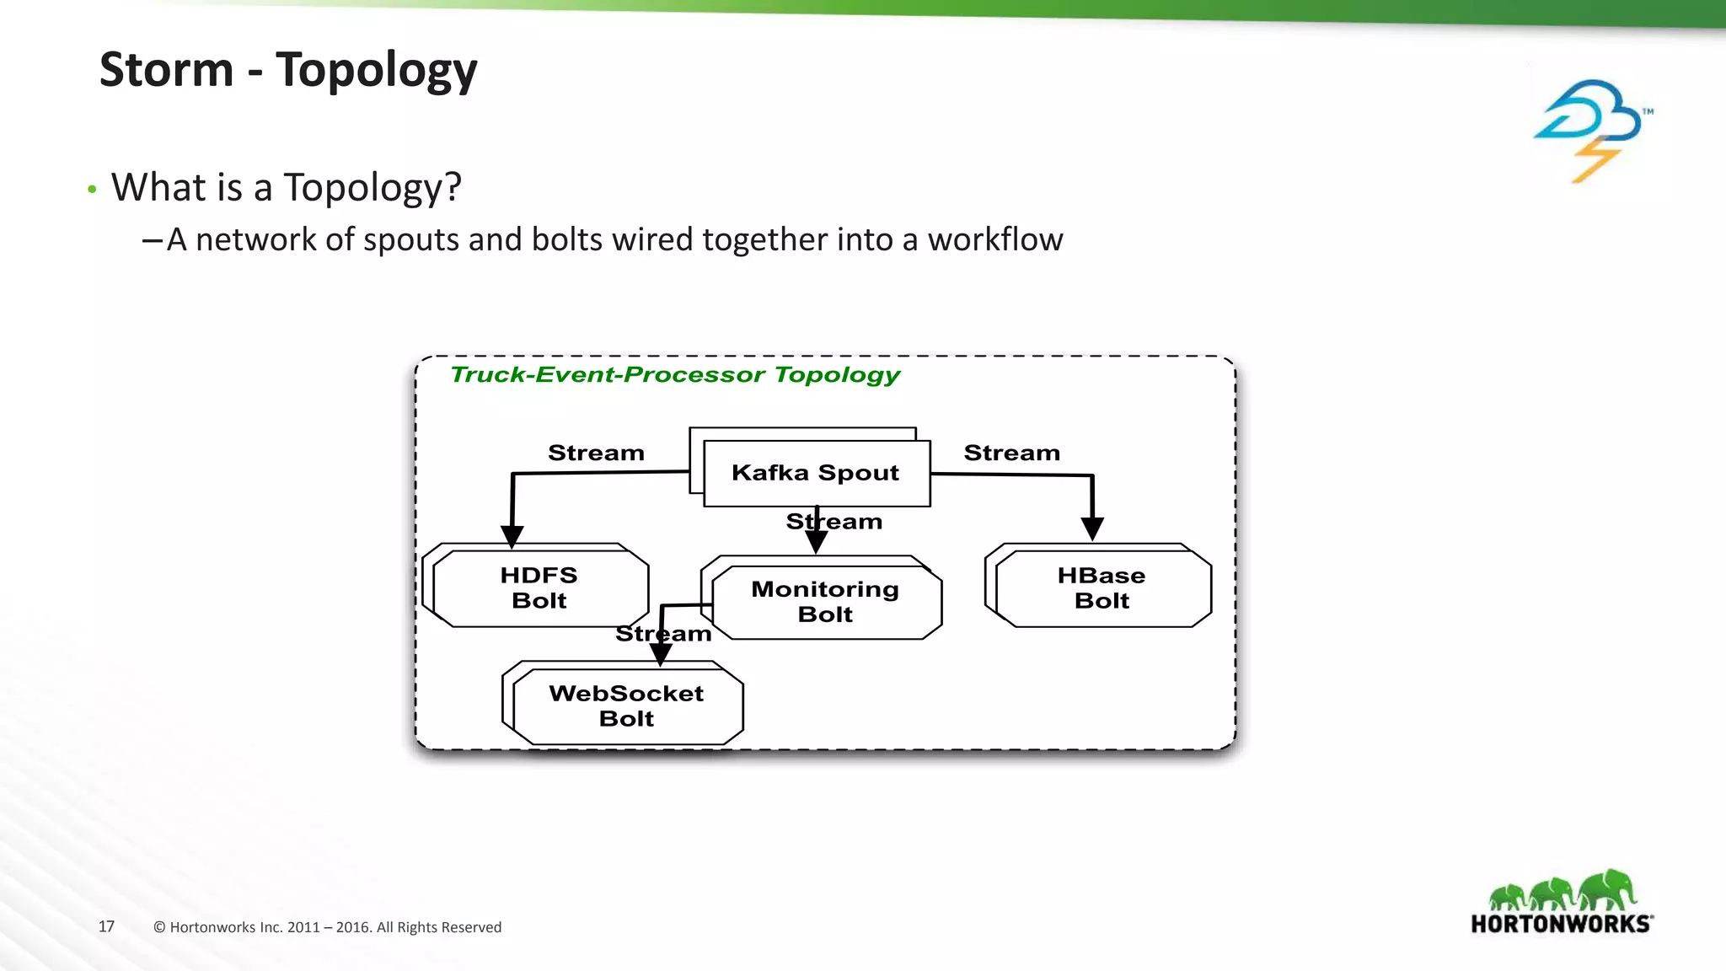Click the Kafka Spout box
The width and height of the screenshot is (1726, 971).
click(816, 473)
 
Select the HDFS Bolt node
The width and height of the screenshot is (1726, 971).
click(539, 587)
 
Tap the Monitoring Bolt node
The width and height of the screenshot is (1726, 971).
click(825, 601)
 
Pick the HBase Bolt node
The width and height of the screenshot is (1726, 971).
click(1102, 587)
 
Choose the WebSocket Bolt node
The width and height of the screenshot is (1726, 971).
click(626, 705)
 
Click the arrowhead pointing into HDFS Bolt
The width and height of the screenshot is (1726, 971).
click(512, 537)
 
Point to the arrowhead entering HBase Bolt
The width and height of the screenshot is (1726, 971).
click(1092, 529)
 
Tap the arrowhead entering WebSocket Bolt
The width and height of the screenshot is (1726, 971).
click(661, 655)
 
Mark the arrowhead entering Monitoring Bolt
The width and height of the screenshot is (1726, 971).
click(816, 542)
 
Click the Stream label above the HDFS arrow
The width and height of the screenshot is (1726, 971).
click(596, 453)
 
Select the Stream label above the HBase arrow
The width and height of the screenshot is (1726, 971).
click(1011, 453)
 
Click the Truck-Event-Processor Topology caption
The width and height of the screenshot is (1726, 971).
click(675, 374)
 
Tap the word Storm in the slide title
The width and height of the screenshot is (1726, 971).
click(166, 69)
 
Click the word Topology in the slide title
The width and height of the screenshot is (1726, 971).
click(376, 71)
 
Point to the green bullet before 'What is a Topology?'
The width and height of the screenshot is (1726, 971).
click(92, 190)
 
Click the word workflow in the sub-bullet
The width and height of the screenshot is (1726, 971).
click(994, 239)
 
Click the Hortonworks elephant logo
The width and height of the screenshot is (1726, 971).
click(1562, 902)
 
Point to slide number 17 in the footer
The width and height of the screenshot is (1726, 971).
click(106, 926)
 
